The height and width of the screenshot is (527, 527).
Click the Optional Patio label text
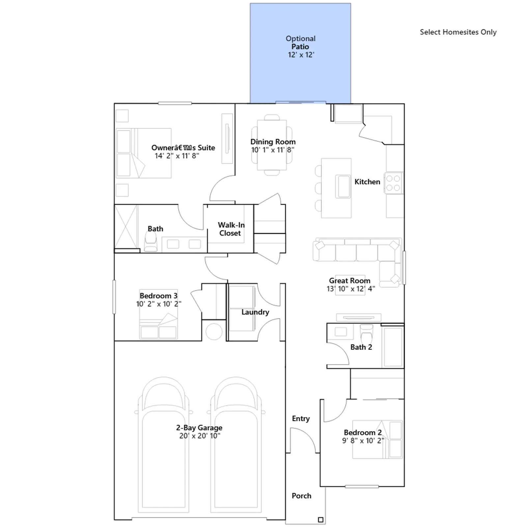[300, 42]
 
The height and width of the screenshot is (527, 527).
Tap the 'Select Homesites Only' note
[458, 32]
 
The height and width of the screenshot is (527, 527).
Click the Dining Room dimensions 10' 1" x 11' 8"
[273, 150]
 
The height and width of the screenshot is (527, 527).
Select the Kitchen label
[367, 182]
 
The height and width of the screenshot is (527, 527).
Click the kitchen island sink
[343, 186]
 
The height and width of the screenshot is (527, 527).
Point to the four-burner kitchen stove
[393, 183]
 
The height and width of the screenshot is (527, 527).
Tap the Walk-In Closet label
[231, 229]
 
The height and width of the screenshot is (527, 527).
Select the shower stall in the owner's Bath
[126, 227]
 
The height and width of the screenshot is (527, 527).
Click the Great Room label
[349, 281]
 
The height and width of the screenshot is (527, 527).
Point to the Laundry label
[255, 312]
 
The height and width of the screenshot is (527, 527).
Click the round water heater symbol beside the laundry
[214, 332]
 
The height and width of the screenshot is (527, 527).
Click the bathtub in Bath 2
[393, 347]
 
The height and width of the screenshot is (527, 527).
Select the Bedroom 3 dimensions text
[158, 304]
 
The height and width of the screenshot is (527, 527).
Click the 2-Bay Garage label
[199, 428]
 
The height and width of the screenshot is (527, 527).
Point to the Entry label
[301, 419]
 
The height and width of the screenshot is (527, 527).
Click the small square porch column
[320, 520]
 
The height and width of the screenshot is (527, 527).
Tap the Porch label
[301, 496]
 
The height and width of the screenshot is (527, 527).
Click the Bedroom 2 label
[363, 432]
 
